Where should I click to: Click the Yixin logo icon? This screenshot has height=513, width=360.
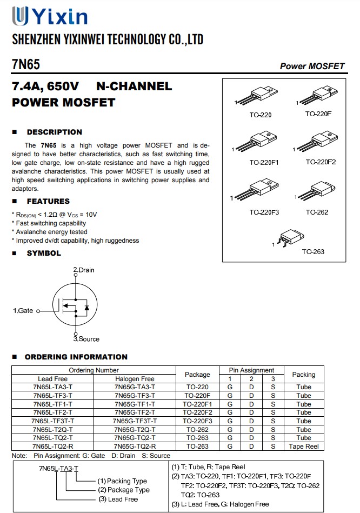tap(21, 16)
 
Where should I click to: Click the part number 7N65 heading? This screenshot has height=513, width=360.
tap(25, 65)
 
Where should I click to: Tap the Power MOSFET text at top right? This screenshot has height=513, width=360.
tap(312, 66)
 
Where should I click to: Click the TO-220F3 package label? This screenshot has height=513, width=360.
tap(264, 212)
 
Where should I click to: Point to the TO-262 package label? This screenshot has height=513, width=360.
tap(317, 212)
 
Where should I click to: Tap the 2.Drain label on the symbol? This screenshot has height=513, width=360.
tap(84, 269)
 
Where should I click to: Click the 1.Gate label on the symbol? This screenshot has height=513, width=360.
tap(23, 311)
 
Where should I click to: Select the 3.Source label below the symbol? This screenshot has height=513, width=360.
tap(86, 339)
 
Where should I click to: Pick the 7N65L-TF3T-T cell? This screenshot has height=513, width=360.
tap(53, 421)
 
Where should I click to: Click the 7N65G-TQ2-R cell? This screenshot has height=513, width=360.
tap(135, 447)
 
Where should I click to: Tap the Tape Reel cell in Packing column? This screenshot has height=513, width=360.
tap(303, 447)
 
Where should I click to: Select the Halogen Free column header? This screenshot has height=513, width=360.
tap(135, 379)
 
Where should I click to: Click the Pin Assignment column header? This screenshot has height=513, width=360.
tap(251, 370)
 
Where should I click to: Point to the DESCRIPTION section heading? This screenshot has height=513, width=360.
tap(54, 132)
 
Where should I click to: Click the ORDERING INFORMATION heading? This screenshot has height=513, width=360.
tap(76, 357)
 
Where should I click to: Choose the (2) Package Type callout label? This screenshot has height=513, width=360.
tap(124, 490)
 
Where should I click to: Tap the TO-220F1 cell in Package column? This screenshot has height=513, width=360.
tap(197, 404)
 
